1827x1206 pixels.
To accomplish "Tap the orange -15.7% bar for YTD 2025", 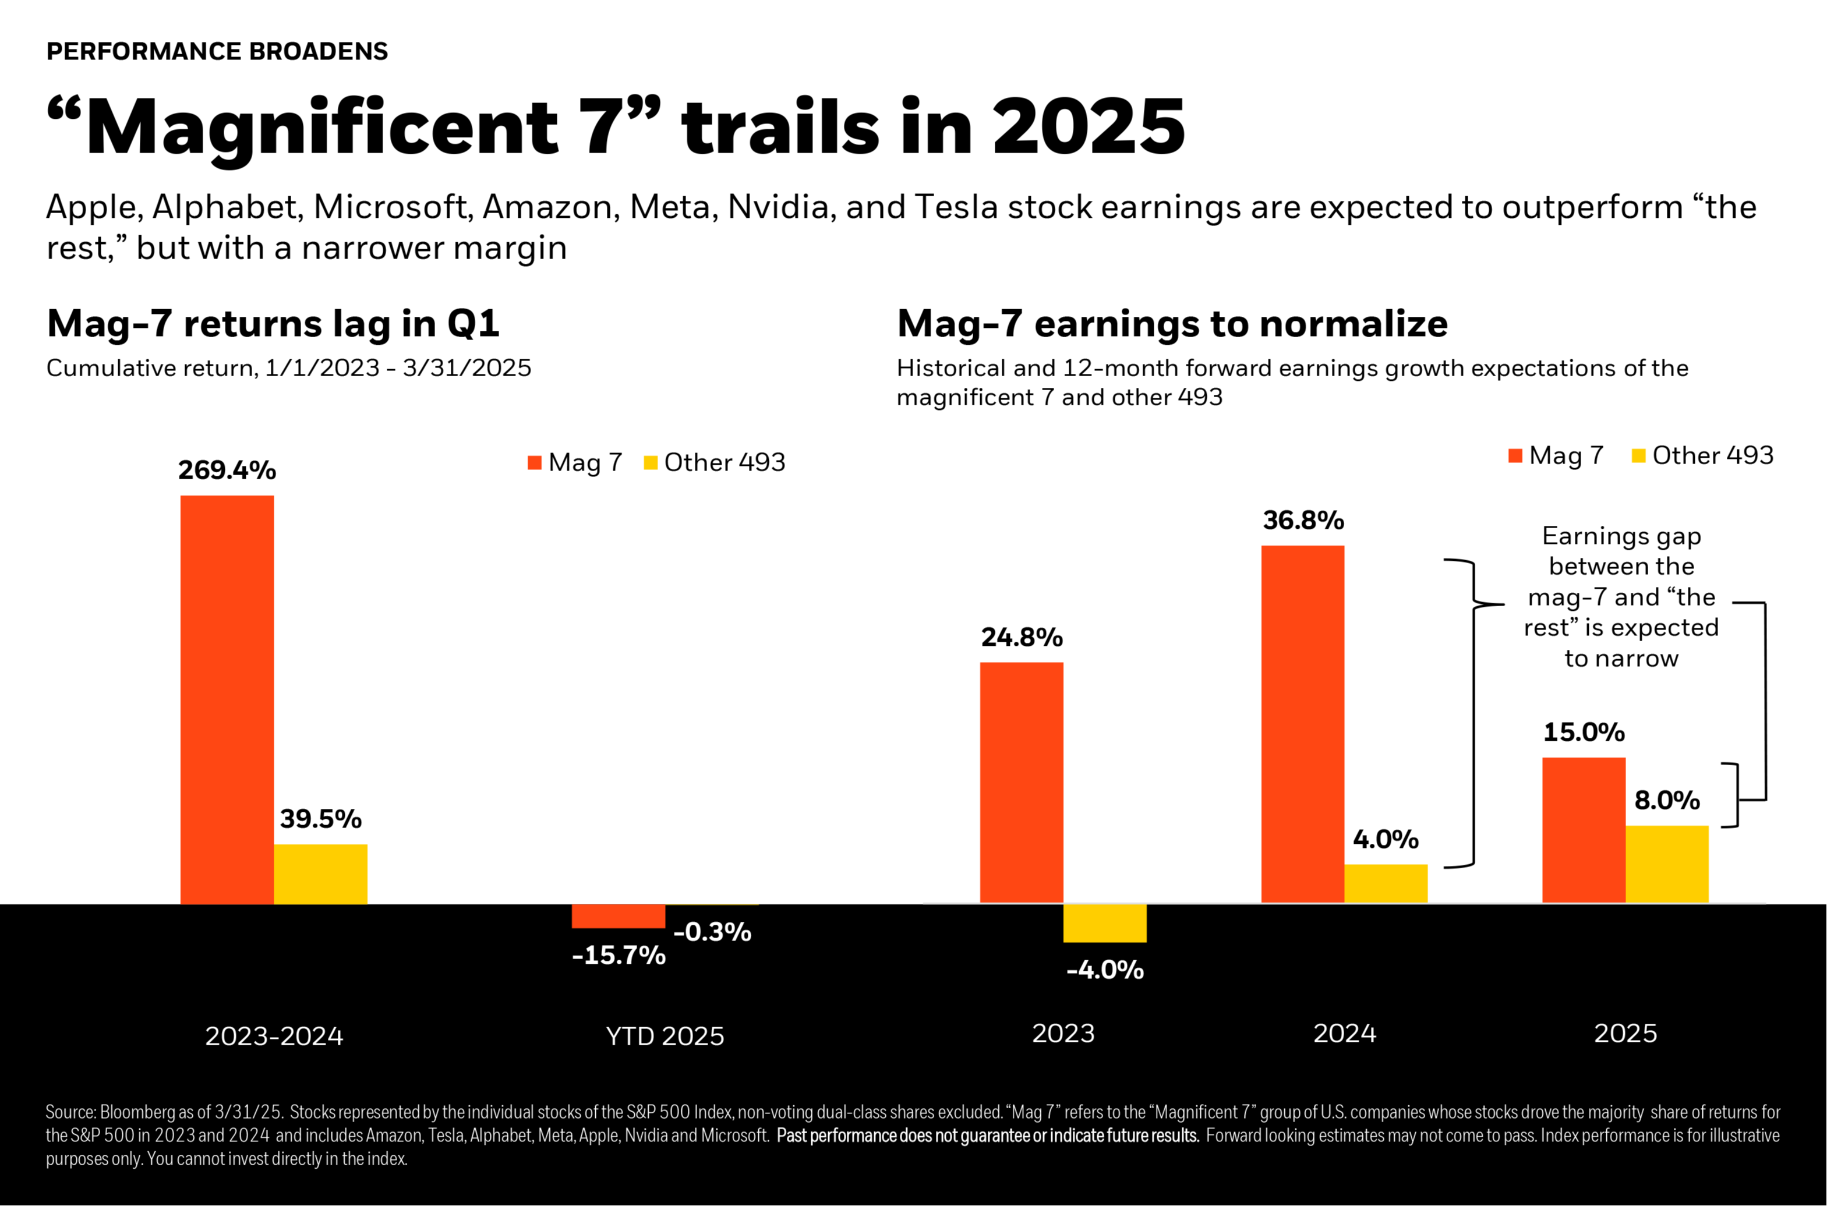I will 619,916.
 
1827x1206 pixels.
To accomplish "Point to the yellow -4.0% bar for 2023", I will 1105,923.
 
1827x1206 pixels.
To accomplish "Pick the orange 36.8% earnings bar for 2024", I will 1302,724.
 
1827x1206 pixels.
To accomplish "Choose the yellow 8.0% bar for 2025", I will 1667,864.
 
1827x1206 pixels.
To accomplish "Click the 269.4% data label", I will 227,470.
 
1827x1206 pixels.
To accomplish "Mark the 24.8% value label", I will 1022,637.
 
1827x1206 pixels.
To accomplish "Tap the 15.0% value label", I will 1584,731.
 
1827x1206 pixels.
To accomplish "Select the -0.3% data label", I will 712,932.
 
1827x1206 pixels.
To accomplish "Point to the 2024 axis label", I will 1345,1033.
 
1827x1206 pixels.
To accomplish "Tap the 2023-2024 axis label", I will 274,1036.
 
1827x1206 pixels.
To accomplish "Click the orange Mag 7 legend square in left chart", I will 535,462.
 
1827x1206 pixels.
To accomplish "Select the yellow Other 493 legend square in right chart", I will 1638,456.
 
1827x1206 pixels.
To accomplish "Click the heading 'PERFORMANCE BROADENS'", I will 217,51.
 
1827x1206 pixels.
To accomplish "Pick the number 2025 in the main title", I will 1089,127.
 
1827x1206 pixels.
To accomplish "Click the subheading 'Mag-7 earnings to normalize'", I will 1172,323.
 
